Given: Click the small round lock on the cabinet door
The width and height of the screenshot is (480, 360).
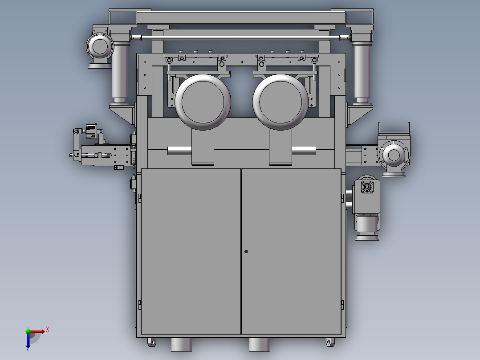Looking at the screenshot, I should pyautogui.click(x=246, y=251).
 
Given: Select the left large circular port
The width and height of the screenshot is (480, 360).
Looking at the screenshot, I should pyautogui.click(x=203, y=102).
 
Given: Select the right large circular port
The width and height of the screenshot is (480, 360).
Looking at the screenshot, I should pyautogui.click(x=281, y=102).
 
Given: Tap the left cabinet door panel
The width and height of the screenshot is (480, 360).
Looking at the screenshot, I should pyautogui.click(x=191, y=250).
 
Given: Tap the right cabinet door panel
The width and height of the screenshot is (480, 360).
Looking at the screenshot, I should pyautogui.click(x=292, y=250).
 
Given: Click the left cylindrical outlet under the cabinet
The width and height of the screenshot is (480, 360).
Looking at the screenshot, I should pyautogui.click(x=181, y=344).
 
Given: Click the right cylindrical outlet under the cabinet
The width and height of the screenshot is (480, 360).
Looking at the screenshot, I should pyautogui.click(x=259, y=344).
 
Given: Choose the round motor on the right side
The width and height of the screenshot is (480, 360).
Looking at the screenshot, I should pyautogui.click(x=394, y=155).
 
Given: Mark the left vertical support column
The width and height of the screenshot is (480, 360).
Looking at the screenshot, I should pyautogui.click(x=120, y=71).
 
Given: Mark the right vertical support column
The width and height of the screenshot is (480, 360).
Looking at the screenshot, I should pyautogui.click(x=362, y=71).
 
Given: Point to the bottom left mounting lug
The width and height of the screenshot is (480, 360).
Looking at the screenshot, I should pyautogui.click(x=152, y=342).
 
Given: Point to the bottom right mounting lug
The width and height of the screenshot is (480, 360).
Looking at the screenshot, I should pyautogui.click(x=329, y=342).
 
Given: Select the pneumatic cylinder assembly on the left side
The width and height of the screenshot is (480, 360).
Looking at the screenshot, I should pyautogui.click(x=96, y=155).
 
